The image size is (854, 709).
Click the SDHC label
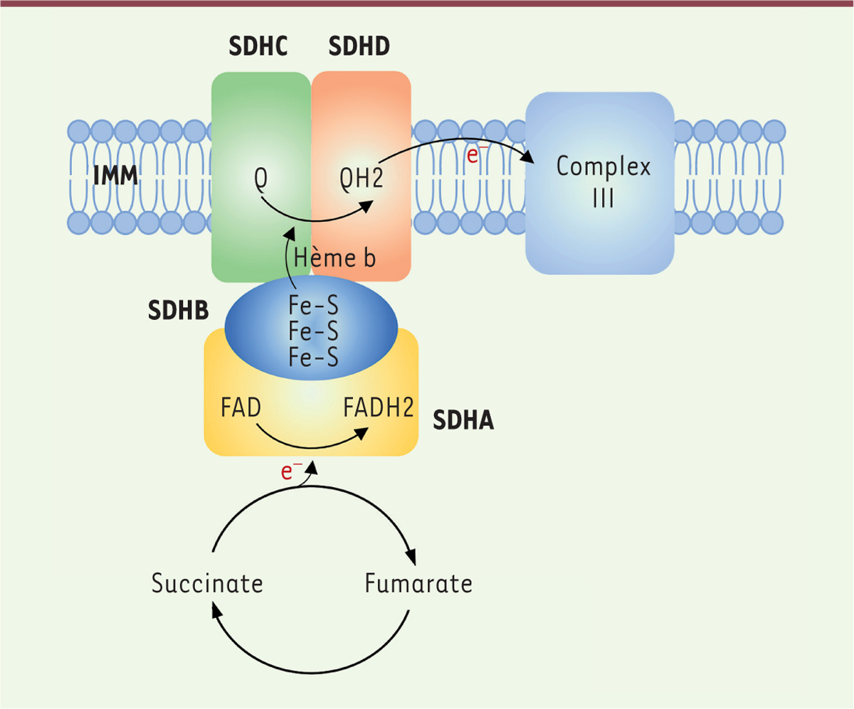click(x=258, y=46)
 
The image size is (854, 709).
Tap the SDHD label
click(x=359, y=46)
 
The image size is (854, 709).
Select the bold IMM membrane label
click(x=116, y=176)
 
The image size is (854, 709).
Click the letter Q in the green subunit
click(x=261, y=178)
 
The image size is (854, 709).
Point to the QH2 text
click(x=362, y=178)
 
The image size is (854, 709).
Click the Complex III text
click(x=603, y=182)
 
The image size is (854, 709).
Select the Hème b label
click(x=334, y=258)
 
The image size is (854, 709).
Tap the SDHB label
click(x=179, y=310)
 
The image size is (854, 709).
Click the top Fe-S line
click(x=313, y=305)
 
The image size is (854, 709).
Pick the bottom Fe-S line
click(x=313, y=357)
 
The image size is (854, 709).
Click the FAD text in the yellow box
click(x=241, y=407)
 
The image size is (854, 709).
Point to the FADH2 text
click(x=379, y=407)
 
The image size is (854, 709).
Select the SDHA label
click(x=463, y=420)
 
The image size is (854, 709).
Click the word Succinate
click(x=207, y=583)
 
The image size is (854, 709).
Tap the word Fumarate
click(x=418, y=583)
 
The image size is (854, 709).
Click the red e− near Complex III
click(x=475, y=154)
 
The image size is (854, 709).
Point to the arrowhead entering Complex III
click(x=529, y=156)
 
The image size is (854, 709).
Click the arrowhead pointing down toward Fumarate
click(x=411, y=557)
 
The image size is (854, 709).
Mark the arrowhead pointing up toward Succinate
click(x=217, y=612)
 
